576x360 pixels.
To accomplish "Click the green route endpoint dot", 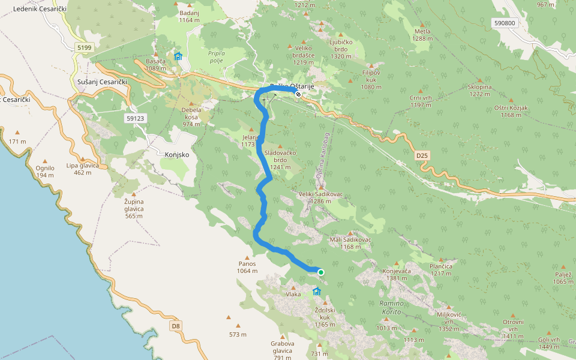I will (321, 272).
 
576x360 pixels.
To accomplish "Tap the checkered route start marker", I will (298, 94).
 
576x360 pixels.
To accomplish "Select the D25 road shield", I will (422, 155).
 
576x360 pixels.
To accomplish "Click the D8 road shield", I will (175, 326).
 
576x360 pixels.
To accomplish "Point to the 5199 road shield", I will (83, 47).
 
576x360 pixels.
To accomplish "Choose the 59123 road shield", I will (136, 119).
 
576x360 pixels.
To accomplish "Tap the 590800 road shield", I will (505, 23).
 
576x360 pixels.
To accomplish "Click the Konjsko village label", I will (176, 154).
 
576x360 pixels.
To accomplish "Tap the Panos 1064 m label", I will (247, 267).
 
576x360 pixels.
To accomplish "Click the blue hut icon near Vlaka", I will (316, 292).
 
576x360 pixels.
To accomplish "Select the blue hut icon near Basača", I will (178, 56).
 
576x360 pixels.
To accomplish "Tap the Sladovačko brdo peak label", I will (280, 156).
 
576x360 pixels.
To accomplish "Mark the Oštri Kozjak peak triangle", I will (511, 100).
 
